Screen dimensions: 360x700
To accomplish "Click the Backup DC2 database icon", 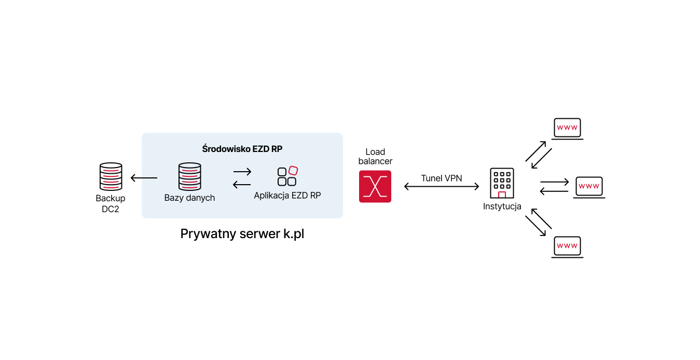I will pyautogui.click(x=111, y=176).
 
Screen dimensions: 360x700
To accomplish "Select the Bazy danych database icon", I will pyautogui.click(x=189, y=176).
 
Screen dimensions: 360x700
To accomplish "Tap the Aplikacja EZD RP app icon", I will pyautogui.click(x=287, y=176).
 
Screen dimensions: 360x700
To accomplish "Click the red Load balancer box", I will pyautogui.click(x=375, y=186).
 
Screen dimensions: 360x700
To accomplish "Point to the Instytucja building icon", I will pyautogui.click(x=502, y=183).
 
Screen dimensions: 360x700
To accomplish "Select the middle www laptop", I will pyautogui.click(x=589, y=187).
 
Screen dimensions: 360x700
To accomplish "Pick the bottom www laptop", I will pyautogui.click(x=567, y=247).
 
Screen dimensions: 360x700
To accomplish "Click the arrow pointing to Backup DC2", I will pyautogui.click(x=144, y=178).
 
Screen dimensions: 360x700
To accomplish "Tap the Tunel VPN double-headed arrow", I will pyautogui.click(x=442, y=187).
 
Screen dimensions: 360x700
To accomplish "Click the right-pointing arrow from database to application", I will pyautogui.click(x=242, y=172).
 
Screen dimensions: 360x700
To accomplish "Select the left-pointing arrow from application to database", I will pyautogui.click(x=242, y=184).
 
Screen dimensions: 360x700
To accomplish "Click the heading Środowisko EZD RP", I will pyautogui.click(x=242, y=149).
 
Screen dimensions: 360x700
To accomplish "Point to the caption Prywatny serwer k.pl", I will pyautogui.click(x=242, y=234).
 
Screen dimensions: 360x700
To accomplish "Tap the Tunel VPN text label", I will pyautogui.click(x=442, y=178).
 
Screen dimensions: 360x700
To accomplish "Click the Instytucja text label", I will pyautogui.click(x=502, y=206).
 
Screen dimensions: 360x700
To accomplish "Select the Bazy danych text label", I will pyautogui.click(x=189, y=198).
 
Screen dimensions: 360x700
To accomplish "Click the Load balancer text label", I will pyautogui.click(x=375, y=157).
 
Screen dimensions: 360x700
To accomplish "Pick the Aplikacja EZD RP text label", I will pyautogui.click(x=287, y=196).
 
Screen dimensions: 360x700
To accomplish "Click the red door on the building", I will pyautogui.click(x=502, y=195).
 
